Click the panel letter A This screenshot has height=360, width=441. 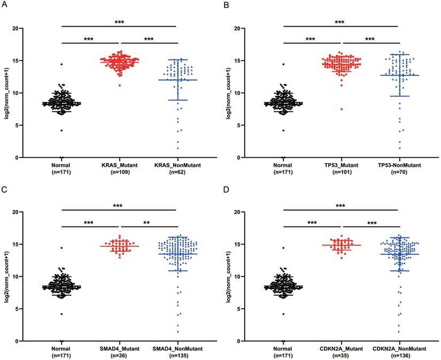4,5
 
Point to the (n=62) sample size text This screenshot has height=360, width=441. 176,173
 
